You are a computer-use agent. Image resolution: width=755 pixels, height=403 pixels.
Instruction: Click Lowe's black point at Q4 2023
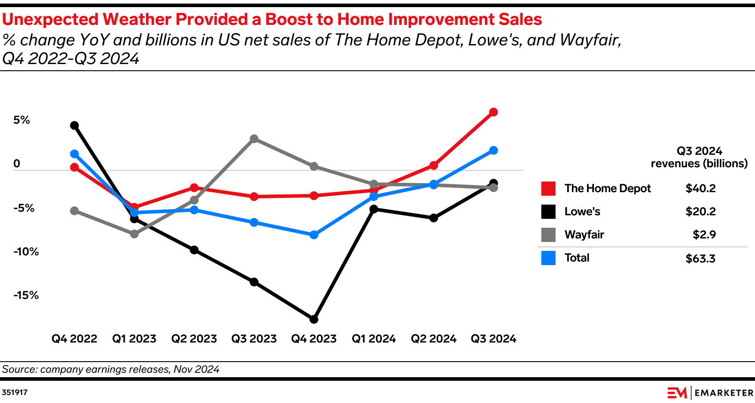tap(314, 319)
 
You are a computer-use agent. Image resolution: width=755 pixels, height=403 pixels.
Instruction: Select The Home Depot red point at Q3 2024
tap(493, 112)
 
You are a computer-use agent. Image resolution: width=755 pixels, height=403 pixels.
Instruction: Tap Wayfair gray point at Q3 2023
tap(254, 139)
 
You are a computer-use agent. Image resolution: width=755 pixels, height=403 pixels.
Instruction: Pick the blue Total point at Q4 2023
tap(314, 235)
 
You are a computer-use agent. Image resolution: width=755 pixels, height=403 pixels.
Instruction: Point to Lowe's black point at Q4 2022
tap(74, 125)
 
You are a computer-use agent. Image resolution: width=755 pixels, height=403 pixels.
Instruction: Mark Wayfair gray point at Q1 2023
tap(134, 234)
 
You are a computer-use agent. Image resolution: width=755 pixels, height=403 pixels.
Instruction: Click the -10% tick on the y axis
tap(26, 252)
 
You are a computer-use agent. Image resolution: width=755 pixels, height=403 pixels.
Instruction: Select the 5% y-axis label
tap(21, 120)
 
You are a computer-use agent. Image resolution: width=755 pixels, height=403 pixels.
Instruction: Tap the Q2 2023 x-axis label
tap(194, 339)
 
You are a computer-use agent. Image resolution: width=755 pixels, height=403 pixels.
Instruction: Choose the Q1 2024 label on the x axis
tap(373, 339)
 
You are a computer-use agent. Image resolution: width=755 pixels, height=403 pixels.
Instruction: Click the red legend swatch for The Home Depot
tap(548, 189)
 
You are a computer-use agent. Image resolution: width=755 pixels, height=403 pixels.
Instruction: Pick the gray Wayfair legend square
tap(548, 235)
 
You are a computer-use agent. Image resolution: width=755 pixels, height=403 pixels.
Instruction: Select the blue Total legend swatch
tap(548, 258)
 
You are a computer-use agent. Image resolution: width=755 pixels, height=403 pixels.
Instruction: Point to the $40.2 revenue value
tap(700, 189)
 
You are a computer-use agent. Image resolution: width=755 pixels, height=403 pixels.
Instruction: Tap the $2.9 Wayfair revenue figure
tap(704, 235)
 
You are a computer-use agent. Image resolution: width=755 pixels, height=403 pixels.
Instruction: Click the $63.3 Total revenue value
tap(700, 258)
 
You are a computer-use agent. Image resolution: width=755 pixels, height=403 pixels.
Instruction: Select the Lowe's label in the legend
tap(582, 212)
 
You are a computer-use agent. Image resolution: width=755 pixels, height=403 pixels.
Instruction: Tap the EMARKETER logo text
tap(723, 393)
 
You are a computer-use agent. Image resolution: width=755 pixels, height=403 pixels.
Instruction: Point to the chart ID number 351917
tap(15, 393)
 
